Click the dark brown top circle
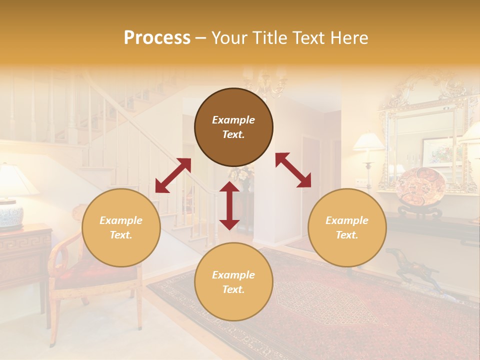[x=233, y=127]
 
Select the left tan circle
[x=121, y=227]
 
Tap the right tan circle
[x=347, y=227]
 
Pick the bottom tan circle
[x=233, y=282]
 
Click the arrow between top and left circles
[x=173, y=175]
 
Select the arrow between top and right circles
[x=293, y=170]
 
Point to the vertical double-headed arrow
[x=229, y=205]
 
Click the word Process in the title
[x=157, y=38]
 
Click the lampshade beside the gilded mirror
[x=369, y=141]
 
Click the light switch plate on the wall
[x=357, y=181]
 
